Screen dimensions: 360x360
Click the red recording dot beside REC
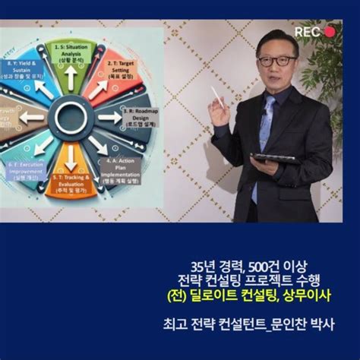click(x=329, y=32)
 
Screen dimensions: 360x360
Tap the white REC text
click(x=308, y=32)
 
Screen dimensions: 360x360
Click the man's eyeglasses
click(x=276, y=60)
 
